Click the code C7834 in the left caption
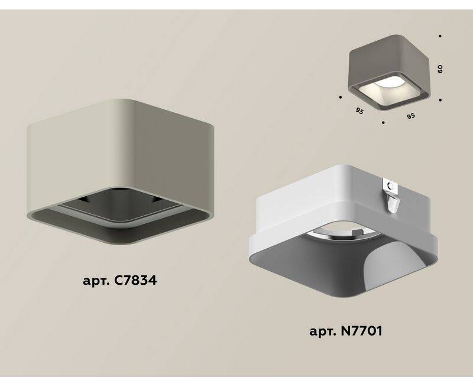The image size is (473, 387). tap(135, 281)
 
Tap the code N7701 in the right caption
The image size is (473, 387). tap(361, 331)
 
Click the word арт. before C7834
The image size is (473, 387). tap(96, 281)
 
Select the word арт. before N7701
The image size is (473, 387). tap(323, 332)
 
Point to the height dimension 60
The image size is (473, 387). tap(440, 69)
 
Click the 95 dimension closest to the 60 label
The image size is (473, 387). tap(410, 116)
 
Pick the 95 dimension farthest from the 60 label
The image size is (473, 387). tap(359, 111)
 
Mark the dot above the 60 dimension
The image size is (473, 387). tap(440, 36)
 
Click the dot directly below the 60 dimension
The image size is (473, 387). tap(440, 100)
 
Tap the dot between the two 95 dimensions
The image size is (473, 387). tap(383, 123)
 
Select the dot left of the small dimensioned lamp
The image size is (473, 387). tap(341, 97)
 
